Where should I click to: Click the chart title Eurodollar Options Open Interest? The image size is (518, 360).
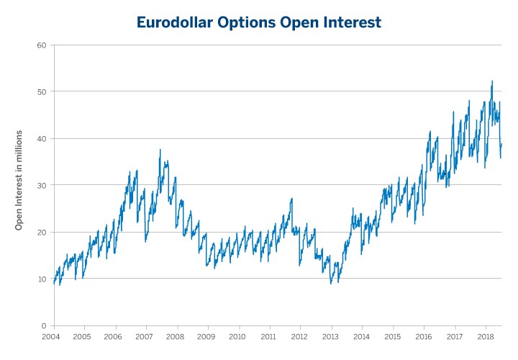259,23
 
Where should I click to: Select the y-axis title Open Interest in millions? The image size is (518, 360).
19,180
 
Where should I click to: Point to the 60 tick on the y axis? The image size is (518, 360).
41,45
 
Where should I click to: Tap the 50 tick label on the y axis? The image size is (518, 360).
41,92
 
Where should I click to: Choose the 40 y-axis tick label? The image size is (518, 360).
41,139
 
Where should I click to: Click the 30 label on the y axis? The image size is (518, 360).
41,186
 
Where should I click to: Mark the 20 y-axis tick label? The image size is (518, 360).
41,233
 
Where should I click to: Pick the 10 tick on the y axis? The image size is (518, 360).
41,279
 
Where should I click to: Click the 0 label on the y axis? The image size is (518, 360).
43,326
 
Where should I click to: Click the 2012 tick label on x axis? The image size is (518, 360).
299,336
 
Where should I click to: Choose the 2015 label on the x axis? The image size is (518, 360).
392,336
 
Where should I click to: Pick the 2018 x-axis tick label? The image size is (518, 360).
484,336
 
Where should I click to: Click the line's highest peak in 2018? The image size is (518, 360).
492,81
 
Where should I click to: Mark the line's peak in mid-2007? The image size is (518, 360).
160,150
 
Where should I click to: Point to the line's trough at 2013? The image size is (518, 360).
331,283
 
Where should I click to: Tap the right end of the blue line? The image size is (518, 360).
501,144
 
